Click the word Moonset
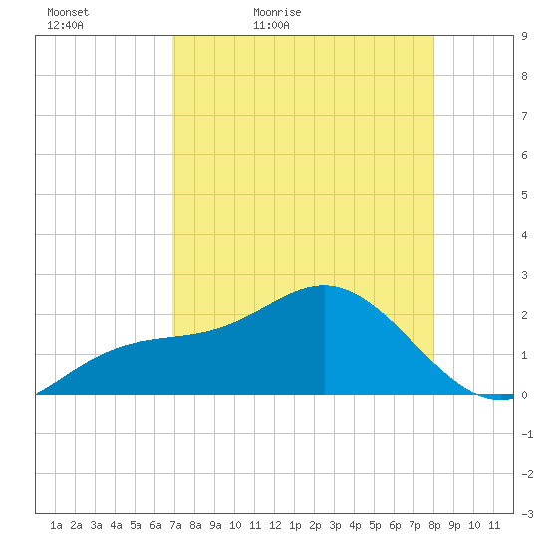tap(68, 12)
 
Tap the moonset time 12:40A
tap(65, 25)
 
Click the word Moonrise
tap(277, 12)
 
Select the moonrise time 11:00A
tap(271, 25)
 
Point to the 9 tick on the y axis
tap(524, 36)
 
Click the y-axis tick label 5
tap(524, 195)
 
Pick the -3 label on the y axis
tap(527, 514)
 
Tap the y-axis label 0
tap(524, 395)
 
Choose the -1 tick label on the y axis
tap(527, 434)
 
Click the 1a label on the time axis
tap(56, 525)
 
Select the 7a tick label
tap(175, 525)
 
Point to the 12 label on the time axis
tap(275, 525)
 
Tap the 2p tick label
tap(315, 525)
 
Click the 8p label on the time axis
tap(434, 525)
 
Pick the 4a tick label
tap(116, 525)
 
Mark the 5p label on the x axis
tap(375, 525)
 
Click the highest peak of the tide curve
tap(325, 285)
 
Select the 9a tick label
tap(215, 525)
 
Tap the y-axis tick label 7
tap(524, 116)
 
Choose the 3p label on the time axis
tap(335, 525)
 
